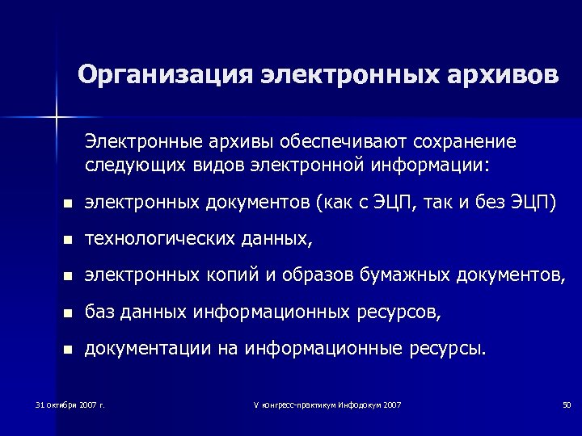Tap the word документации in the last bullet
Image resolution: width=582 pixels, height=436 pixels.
tap(145, 348)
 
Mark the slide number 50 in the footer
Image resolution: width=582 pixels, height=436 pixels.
tap(566, 404)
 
